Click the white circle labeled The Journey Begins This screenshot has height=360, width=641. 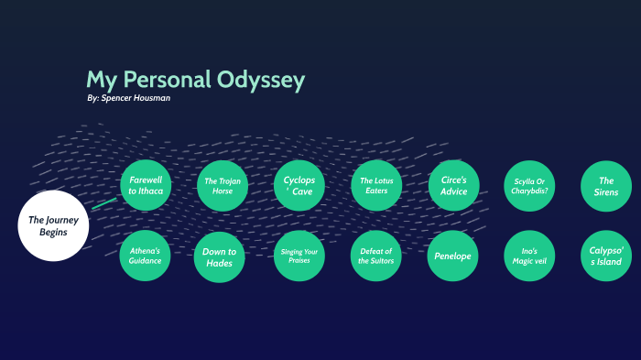(x=53, y=225)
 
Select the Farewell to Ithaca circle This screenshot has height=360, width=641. (x=146, y=186)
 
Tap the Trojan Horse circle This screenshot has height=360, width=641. (x=223, y=186)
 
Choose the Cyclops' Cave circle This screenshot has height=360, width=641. (x=299, y=186)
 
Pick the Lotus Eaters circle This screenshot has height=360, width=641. (x=376, y=186)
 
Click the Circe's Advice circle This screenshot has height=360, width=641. (x=453, y=186)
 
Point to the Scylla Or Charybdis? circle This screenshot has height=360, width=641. (x=529, y=186)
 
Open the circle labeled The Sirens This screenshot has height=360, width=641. (x=606, y=186)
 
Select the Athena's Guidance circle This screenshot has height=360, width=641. (x=146, y=256)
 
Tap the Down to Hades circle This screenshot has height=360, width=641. (x=220, y=257)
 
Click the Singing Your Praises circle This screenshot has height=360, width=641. (x=299, y=256)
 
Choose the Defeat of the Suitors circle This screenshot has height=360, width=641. (x=376, y=256)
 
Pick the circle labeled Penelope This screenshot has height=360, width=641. (x=453, y=256)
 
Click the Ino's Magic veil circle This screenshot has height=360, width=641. (x=529, y=256)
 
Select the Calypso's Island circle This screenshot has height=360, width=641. (x=606, y=256)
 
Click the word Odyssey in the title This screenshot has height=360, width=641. (x=261, y=80)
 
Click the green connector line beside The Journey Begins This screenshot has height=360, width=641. (x=104, y=203)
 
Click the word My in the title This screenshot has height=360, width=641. (x=100, y=80)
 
